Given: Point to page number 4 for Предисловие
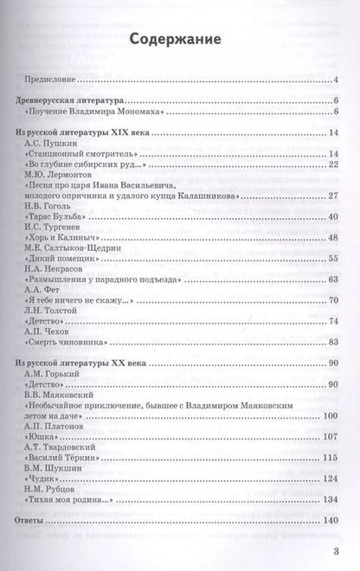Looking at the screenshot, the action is pyautogui.click(x=334, y=81).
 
